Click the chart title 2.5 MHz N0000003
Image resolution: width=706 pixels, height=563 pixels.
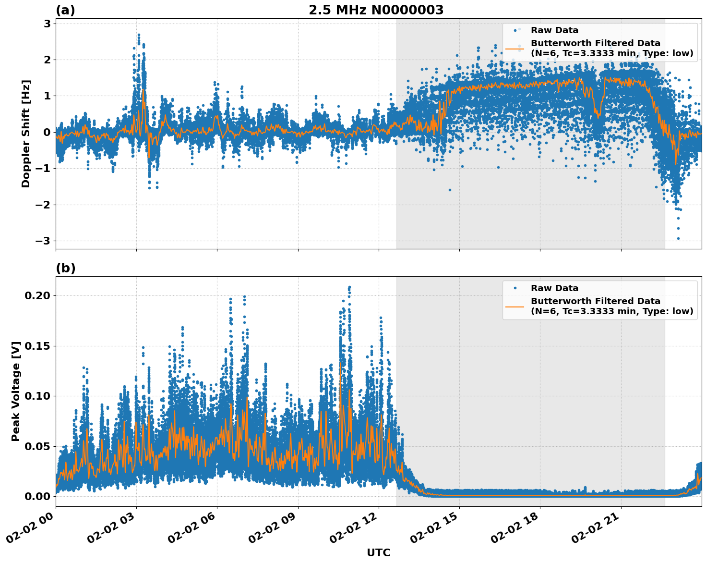376,10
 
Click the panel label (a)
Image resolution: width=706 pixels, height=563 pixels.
65,10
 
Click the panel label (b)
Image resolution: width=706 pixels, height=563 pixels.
65,268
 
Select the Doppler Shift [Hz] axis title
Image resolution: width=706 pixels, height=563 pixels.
26,134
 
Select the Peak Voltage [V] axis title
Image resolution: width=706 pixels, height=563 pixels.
16,392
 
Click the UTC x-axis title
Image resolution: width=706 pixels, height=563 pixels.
378,552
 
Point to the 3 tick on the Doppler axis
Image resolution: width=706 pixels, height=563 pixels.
47,24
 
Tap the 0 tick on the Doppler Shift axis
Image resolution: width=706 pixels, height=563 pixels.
47,132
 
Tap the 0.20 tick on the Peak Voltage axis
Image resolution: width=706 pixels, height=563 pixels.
37,295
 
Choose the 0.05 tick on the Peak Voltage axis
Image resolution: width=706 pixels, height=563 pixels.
37,446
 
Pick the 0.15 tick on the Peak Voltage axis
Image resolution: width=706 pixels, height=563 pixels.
37,346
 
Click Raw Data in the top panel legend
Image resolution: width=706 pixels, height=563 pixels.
554,30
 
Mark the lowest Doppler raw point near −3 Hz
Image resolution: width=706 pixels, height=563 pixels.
678,238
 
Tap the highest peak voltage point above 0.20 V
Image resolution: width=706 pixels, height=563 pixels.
349,287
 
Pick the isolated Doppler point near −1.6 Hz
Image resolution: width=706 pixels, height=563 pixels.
450,190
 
